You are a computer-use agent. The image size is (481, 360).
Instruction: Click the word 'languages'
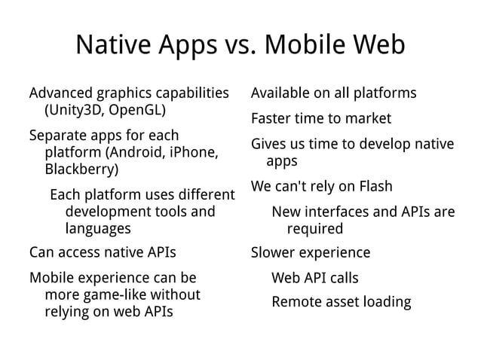click(x=98, y=228)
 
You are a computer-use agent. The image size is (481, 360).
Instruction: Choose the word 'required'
click(x=314, y=228)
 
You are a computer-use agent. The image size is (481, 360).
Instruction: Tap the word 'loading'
click(x=384, y=303)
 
